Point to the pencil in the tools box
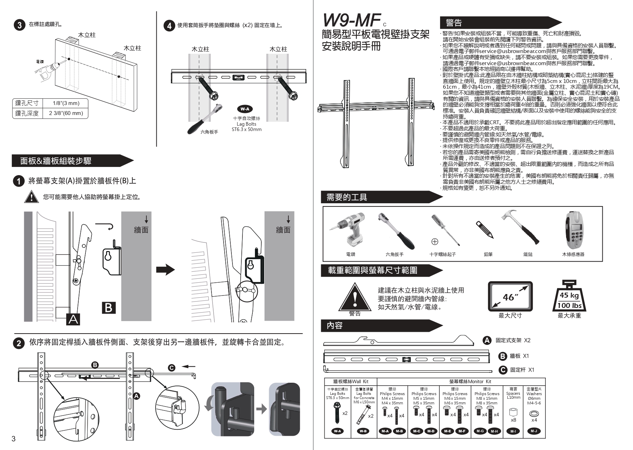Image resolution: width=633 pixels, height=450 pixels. [484, 229]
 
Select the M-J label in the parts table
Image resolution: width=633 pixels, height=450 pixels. [534, 431]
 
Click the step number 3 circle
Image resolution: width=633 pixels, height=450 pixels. [19, 25]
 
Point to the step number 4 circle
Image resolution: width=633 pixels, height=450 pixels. [169, 26]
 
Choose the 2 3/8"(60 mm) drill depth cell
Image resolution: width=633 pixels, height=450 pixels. [66, 113]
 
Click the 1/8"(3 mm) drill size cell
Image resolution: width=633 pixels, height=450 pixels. [66, 103]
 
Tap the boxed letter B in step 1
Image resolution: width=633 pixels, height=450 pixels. [109, 307]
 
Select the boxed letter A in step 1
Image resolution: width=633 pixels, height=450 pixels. [73, 319]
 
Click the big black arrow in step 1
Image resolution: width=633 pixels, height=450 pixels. [166, 270]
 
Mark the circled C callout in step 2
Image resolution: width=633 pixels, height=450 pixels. [172, 368]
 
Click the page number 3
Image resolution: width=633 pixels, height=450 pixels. [14, 439]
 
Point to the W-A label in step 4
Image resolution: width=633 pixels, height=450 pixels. [245, 109]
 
